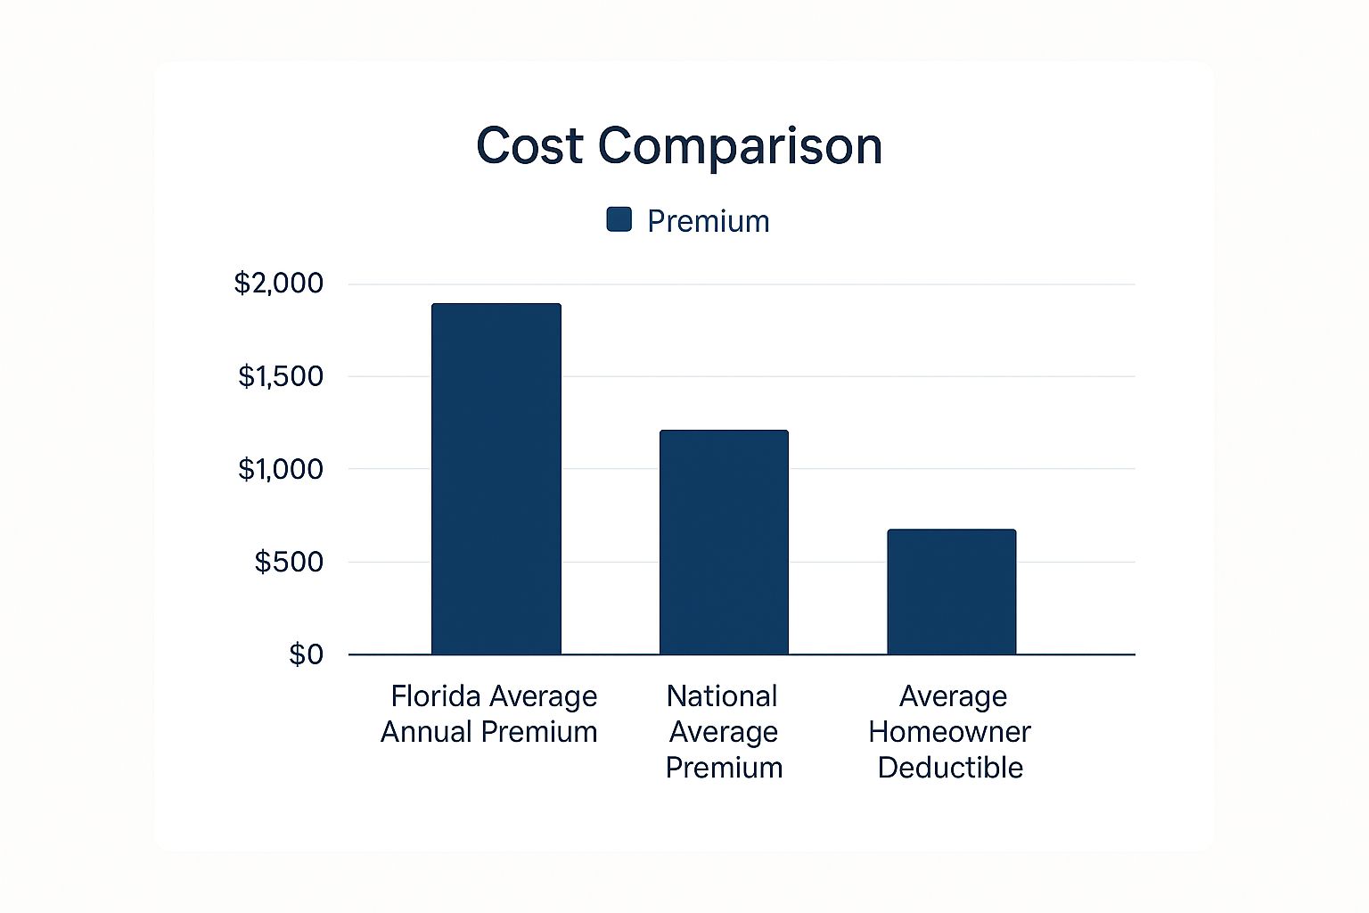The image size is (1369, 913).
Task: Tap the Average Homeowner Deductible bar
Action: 952,592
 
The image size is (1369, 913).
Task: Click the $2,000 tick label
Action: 278,284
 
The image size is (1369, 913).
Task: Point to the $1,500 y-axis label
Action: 280,376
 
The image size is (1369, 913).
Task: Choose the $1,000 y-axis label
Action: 280,469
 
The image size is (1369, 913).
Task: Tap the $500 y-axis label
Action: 289,562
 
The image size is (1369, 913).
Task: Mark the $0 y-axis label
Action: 306,654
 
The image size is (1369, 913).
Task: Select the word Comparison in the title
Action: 740,145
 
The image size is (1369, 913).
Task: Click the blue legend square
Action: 619,219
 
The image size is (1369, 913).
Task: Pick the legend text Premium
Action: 708,221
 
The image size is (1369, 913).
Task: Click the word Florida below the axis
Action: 435,696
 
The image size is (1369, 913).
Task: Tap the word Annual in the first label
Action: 426,732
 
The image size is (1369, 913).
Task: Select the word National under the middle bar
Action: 722,696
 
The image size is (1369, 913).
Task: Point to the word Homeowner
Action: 949,732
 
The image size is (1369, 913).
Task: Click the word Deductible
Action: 950,768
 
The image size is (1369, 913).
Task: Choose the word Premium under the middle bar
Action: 724,768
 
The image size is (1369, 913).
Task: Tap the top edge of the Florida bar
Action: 496,305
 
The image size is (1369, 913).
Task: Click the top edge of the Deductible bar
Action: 952,531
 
